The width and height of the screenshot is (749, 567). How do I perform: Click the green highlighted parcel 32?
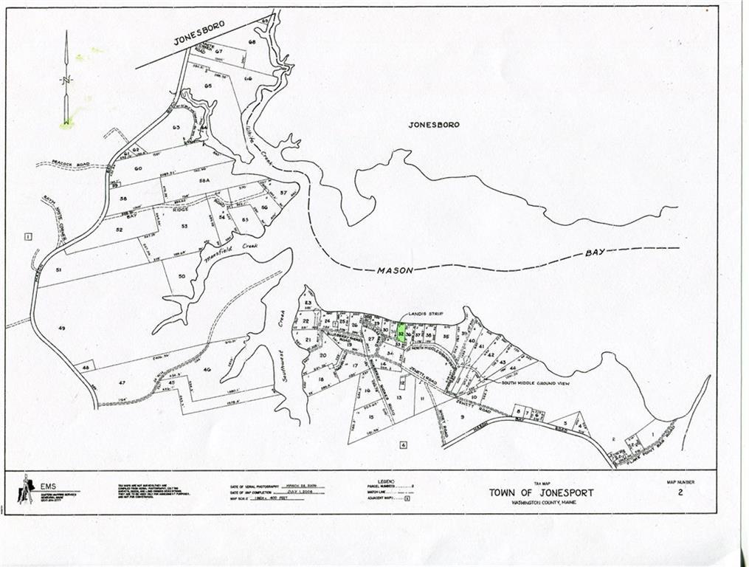tap(401, 333)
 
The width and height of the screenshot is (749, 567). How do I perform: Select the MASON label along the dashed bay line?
tap(395, 270)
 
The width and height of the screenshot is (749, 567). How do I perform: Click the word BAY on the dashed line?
tap(595, 252)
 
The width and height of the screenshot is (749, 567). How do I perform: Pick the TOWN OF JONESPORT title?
tap(540, 492)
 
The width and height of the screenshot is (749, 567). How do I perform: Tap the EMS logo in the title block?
tap(27, 488)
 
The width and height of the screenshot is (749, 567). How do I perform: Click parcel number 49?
tap(62, 326)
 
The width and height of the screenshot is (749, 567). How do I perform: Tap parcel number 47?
tap(122, 382)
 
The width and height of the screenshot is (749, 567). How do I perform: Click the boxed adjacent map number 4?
tap(404, 444)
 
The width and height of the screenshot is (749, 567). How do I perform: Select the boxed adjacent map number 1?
tap(27, 236)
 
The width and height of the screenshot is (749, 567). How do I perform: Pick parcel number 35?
tap(446, 337)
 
